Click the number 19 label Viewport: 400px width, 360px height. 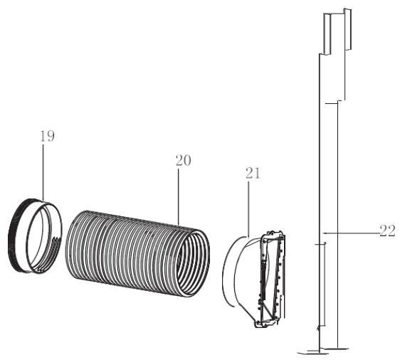coord(47,136)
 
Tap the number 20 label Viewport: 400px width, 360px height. coord(183,160)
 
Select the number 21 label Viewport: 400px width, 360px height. coord(253,174)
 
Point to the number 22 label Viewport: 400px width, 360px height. coord(387,231)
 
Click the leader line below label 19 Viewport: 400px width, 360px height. coord(43,173)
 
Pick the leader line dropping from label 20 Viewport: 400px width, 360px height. coord(179,197)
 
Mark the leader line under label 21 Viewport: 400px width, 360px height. coord(248,209)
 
